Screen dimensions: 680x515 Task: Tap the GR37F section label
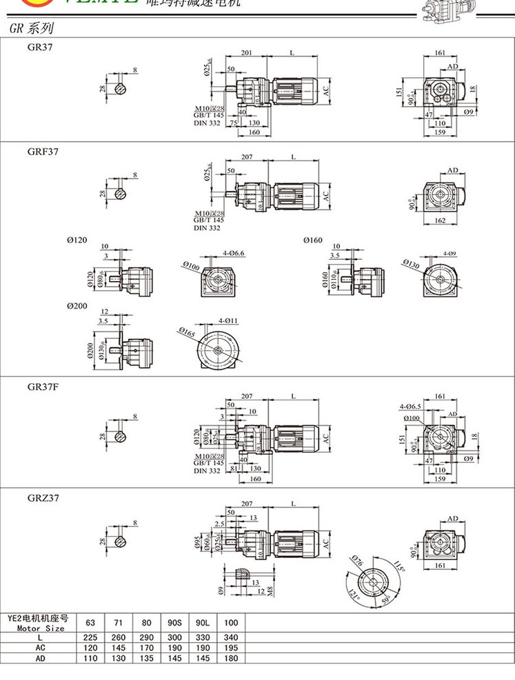tap(42, 387)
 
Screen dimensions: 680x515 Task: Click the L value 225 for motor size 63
tap(90, 637)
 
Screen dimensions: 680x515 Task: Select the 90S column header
tap(174, 623)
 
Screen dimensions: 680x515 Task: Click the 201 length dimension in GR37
tap(248, 53)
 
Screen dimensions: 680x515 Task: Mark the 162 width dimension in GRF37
tap(441, 220)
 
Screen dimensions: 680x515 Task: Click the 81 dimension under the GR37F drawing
tap(234, 468)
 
